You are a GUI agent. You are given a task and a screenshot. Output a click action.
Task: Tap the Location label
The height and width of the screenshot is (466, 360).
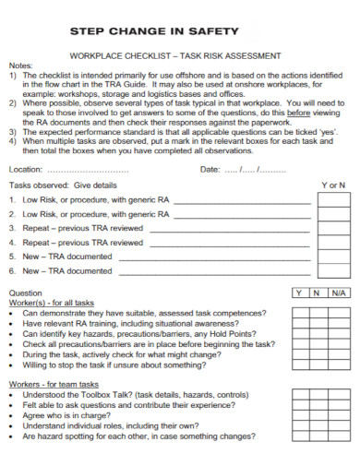click(25, 170)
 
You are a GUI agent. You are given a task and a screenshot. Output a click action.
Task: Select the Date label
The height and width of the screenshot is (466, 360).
click(210, 170)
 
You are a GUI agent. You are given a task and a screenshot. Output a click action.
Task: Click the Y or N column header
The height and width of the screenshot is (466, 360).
click(333, 185)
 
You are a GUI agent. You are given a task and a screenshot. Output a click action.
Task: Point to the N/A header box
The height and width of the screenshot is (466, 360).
click(337, 293)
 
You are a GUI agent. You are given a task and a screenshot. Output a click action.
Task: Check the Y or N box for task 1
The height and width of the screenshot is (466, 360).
click(333, 199)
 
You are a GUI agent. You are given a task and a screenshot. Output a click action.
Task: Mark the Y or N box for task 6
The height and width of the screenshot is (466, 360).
click(333, 271)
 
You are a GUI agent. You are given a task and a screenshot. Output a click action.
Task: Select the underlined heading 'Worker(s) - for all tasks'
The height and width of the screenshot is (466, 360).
click(52, 303)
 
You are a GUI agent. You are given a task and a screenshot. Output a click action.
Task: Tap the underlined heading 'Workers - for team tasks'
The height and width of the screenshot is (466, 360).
click(53, 383)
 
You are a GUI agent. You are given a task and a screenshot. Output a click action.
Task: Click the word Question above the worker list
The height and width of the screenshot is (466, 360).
click(26, 293)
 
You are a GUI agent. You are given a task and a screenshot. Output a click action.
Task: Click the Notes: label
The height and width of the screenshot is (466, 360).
click(20, 66)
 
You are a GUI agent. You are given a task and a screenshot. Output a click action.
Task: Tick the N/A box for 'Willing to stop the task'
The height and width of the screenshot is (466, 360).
click(337, 365)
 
